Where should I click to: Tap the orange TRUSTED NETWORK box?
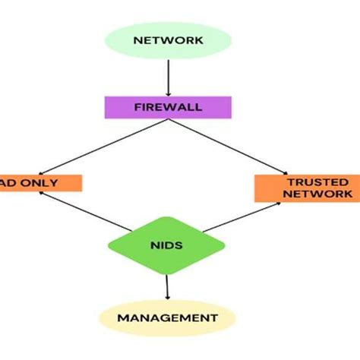tap(307, 188)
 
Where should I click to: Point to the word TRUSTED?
tap(307, 182)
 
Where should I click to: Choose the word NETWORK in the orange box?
tap(307, 194)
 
